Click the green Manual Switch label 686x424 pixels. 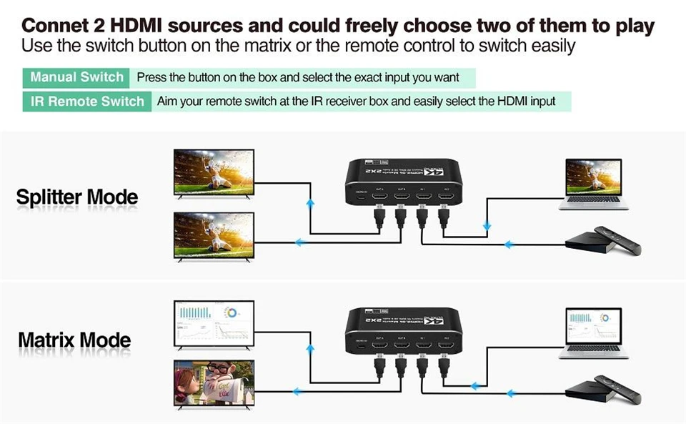point(77,77)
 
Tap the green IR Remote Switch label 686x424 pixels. point(87,101)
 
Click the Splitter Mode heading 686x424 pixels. point(77,197)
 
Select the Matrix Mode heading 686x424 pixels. point(74,338)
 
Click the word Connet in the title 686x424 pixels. point(54,26)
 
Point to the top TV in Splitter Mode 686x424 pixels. point(214,173)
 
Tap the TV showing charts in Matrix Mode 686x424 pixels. point(214,323)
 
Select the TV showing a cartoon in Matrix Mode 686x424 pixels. point(214,384)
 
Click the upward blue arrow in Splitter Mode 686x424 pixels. point(310,204)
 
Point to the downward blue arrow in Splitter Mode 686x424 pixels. point(487,227)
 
